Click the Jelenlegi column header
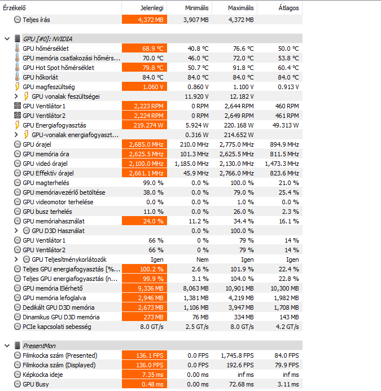click(x=152, y=8)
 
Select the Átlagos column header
click(x=288, y=8)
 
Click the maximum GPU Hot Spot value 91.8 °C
click(x=243, y=68)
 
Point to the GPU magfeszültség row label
click(x=49, y=87)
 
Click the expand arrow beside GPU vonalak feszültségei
click(x=16, y=96)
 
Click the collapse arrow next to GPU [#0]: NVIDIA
click(x=7, y=39)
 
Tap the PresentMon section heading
click(x=39, y=346)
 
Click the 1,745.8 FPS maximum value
click(x=237, y=355)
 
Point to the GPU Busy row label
click(x=36, y=384)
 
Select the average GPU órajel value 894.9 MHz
click(x=284, y=144)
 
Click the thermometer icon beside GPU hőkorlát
click(x=17, y=77)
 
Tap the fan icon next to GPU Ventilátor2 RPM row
click(x=17, y=116)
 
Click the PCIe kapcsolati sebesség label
click(x=57, y=327)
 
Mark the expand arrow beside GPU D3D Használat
click(x=16, y=231)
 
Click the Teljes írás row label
click(x=36, y=20)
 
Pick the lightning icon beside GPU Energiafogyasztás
click(x=17, y=125)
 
